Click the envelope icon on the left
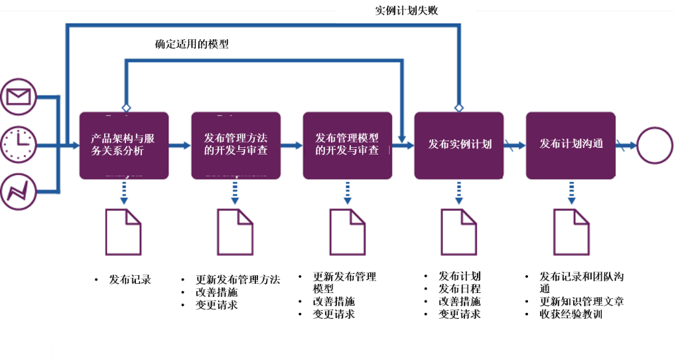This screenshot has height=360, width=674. pyautogui.click(x=19, y=97)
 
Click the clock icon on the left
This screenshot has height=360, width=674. pyautogui.click(x=19, y=144)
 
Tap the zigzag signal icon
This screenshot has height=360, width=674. pyautogui.click(x=19, y=190)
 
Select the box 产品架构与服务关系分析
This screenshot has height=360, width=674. pyautogui.click(x=124, y=145)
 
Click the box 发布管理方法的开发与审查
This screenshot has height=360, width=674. pyautogui.click(x=236, y=145)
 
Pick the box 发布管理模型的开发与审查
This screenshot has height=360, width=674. pyautogui.click(x=347, y=145)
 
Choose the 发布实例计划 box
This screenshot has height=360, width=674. pyautogui.click(x=459, y=145)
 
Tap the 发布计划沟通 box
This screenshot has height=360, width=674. pyautogui.click(x=571, y=145)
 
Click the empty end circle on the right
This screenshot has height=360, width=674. pyautogui.click(x=654, y=145)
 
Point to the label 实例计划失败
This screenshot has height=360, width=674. pyautogui.click(x=407, y=11)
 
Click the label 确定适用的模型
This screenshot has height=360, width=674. pyautogui.click(x=192, y=44)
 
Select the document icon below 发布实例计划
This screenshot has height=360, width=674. pyautogui.click(x=459, y=232)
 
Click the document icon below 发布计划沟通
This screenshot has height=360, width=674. pyautogui.click(x=571, y=232)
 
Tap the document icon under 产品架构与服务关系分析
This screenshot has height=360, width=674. pyautogui.click(x=123, y=232)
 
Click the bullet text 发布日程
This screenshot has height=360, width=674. pyautogui.click(x=459, y=289)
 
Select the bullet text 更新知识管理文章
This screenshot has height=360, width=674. pyautogui.click(x=581, y=302)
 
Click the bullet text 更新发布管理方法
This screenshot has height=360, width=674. pyautogui.click(x=237, y=280)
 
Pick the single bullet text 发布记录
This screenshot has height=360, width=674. pyautogui.click(x=130, y=280)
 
